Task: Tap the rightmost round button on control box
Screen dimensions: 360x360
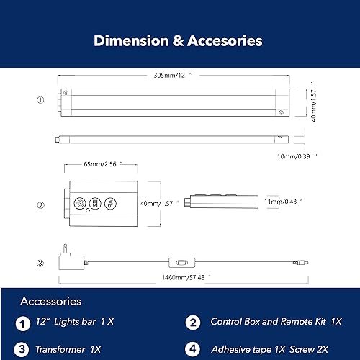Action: click(x=109, y=203)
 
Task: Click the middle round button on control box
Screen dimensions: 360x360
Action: click(x=94, y=203)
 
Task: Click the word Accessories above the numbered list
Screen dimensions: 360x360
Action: click(x=50, y=301)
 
